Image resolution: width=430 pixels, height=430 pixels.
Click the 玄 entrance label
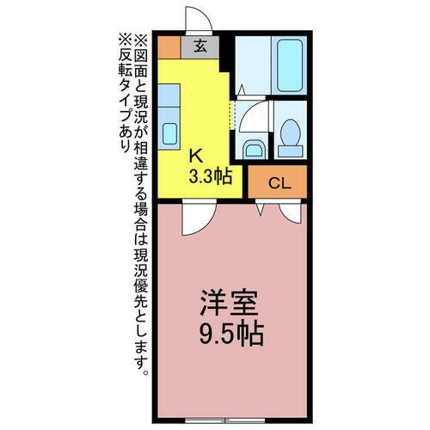coord(200,46)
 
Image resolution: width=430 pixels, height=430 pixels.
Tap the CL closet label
coord(277,182)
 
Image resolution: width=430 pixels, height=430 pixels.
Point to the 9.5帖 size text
coord(228,334)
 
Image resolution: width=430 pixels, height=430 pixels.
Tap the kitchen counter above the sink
coord(169,99)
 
